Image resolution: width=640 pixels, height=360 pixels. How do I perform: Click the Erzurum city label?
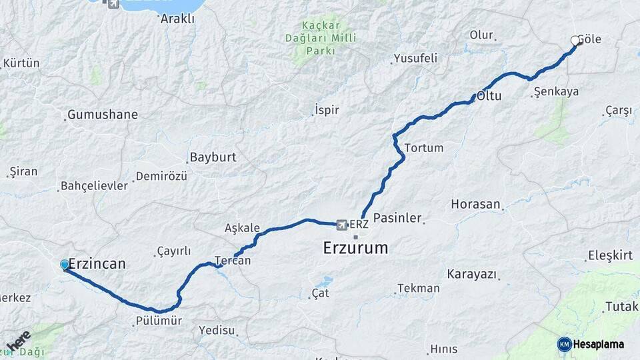pos(355,249)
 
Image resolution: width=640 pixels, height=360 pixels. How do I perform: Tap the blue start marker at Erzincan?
pos(65,265)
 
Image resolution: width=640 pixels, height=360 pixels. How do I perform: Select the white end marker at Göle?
pos(575,41)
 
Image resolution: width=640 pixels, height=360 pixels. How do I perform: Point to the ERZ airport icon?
pos(342,225)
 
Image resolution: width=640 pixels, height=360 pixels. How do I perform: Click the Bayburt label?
pos(213,158)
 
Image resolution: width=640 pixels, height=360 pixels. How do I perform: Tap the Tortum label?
pos(423,148)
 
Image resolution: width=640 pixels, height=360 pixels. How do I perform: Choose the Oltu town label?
pos(488,97)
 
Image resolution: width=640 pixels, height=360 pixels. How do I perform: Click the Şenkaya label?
pos(556,92)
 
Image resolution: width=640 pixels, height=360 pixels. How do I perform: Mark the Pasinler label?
pos(397,218)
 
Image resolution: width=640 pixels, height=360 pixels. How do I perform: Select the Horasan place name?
pos(475,204)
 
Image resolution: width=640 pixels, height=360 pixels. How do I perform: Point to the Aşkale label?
pos(242,228)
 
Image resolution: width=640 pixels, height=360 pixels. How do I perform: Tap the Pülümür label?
pos(159,321)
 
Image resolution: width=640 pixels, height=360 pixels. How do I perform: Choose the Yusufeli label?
pos(415,59)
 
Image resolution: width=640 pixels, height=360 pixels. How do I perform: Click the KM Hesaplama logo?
pos(591,344)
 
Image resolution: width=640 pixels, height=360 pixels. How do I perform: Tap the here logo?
pos(19,341)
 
